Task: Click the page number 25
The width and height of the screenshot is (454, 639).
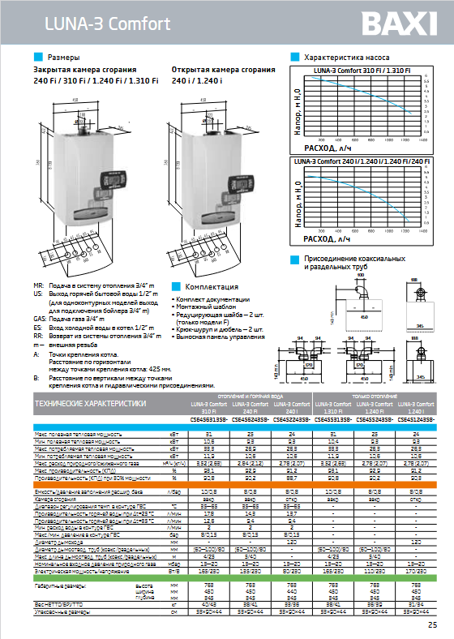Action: click(x=432, y=624)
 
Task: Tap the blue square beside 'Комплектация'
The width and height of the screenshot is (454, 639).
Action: click(x=177, y=287)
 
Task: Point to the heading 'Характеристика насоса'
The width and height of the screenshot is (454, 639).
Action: click(x=346, y=58)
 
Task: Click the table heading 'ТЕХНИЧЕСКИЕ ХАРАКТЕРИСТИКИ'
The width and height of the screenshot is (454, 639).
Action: click(x=89, y=402)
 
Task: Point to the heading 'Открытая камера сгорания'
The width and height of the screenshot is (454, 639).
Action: click(x=213, y=71)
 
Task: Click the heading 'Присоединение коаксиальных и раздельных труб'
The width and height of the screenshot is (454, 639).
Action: click(x=353, y=262)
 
